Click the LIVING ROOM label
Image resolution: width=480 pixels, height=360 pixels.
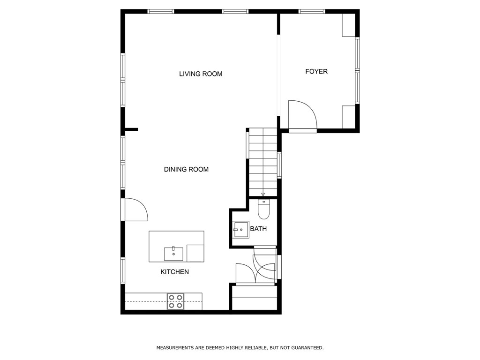pos(201,74)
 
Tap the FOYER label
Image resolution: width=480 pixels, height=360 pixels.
pos(316,72)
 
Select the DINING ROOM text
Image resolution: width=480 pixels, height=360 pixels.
pos(186,170)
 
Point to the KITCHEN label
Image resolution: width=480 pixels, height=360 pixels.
pos(174,272)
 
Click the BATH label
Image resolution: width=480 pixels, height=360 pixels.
pos(258,229)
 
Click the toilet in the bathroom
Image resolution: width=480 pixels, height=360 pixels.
pos(264,210)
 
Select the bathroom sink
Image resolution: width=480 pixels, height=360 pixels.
pos(241,230)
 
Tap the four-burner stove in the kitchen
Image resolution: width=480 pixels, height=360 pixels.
pos(175,301)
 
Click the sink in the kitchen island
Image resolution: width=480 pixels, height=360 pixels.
pos(173,254)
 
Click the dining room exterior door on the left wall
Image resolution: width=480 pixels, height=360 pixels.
pos(135,210)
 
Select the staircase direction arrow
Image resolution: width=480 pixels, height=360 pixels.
pos(263,194)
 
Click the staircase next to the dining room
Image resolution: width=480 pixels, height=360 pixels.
pos(263,162)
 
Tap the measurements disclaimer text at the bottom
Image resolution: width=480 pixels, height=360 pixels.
pos(240,348)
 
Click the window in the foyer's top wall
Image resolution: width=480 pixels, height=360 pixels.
pos(312,11)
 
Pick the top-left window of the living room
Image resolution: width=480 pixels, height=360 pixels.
pos(161,11)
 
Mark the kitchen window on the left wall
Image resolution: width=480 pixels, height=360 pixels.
pos(123,270)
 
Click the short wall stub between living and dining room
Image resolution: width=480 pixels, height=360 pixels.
pos(131,129)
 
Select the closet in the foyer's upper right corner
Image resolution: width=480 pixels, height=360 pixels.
pos(348,25)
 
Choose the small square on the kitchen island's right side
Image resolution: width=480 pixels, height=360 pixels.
pos(195,253)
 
